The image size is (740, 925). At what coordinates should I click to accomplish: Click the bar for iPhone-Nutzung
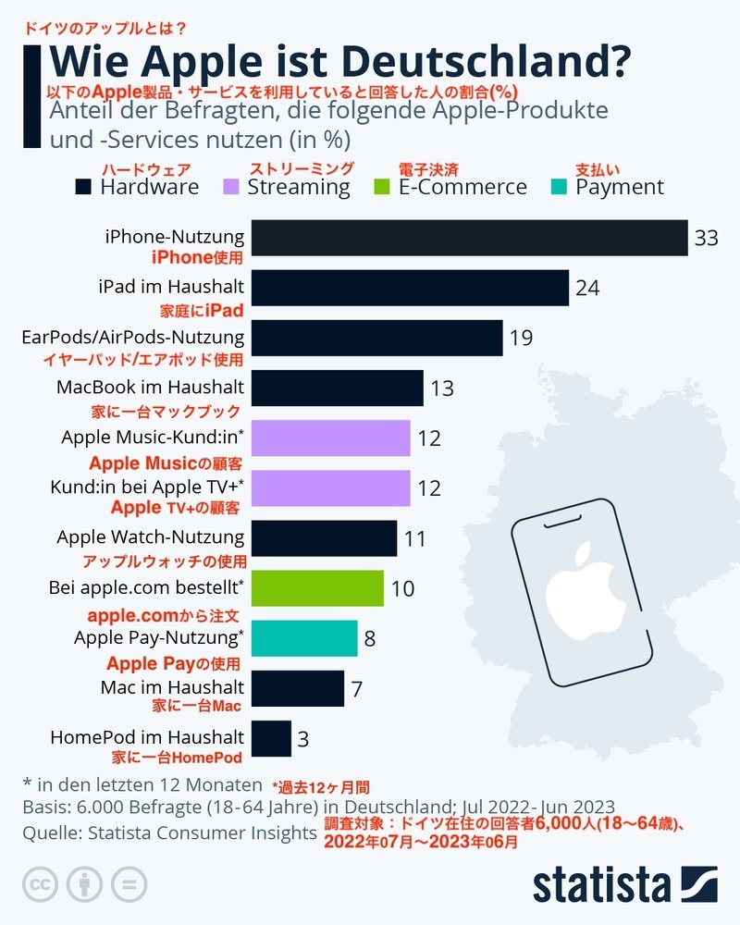[469, 238]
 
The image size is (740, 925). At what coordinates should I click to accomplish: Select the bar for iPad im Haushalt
[410, 288]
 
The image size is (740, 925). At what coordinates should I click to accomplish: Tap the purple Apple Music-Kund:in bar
[330, 438]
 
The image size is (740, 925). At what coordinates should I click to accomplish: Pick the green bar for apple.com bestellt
[317, 588]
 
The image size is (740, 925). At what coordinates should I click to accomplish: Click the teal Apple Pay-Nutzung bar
[304, 638]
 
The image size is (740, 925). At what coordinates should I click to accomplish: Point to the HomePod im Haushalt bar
[271, 738]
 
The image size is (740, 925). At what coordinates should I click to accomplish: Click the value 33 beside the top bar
[706, 239]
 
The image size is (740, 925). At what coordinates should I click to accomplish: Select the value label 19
[521, 339]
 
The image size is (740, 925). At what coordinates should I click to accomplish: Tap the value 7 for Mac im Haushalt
[357, 689]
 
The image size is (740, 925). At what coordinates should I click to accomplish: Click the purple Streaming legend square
[232, 187]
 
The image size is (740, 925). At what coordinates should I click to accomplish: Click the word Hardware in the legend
[149, 187]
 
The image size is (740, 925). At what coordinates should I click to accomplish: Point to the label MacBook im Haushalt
[150, 387]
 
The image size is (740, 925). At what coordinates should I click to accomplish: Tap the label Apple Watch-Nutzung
[151, 537]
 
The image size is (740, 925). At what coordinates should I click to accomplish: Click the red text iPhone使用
[196, 258]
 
